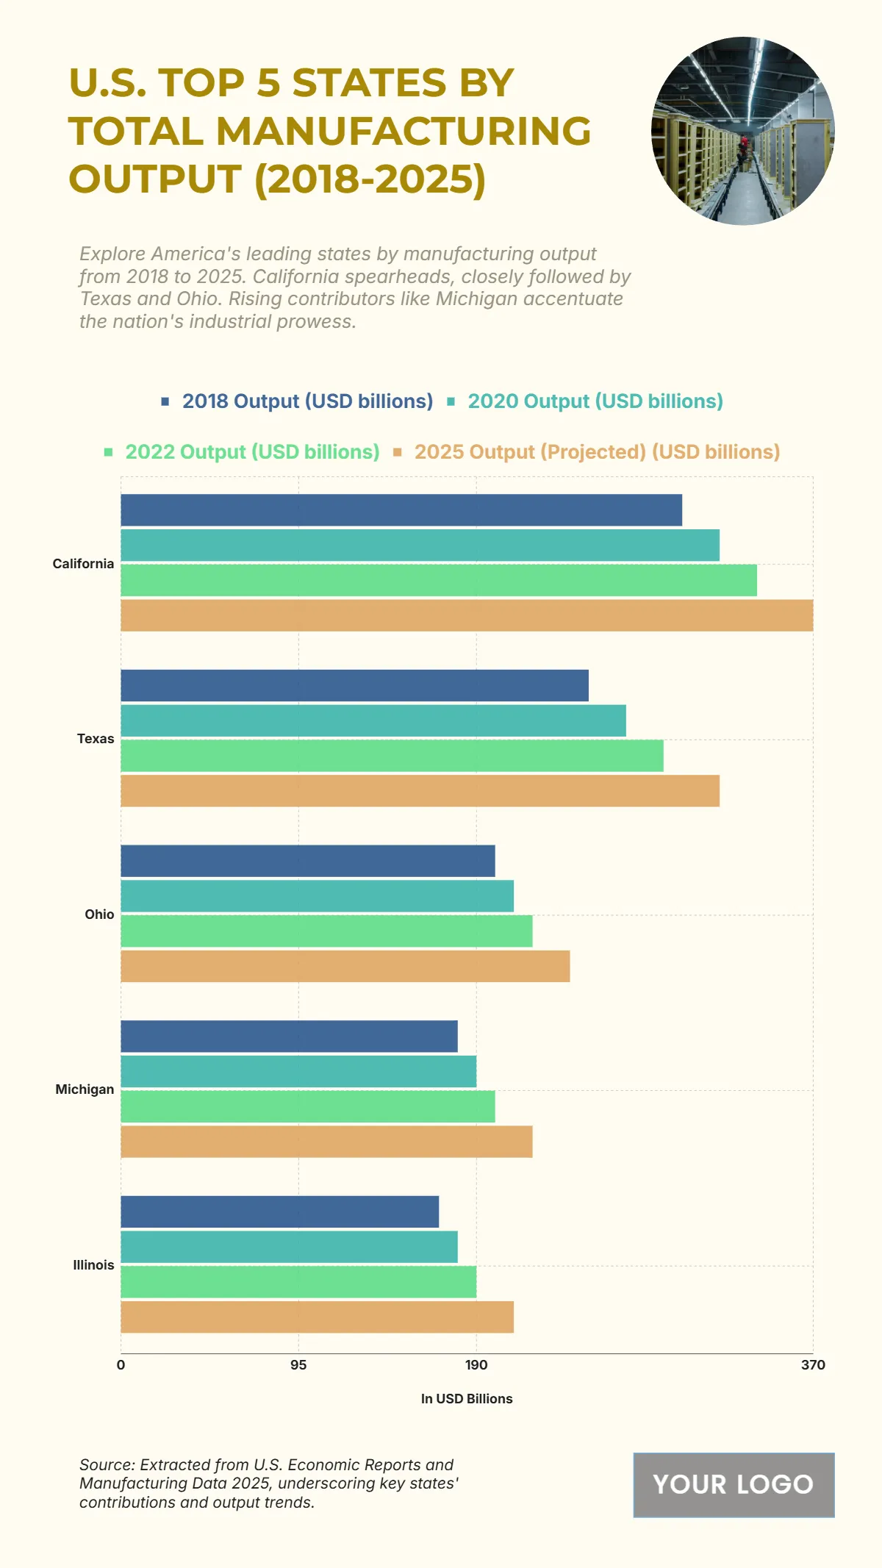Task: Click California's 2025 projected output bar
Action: [467, 615]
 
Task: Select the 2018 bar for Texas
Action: [354, 685]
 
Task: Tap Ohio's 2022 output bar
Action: [326, 931]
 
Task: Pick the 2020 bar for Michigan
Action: [298, 1071]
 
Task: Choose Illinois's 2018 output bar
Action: [279, 1211]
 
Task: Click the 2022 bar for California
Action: [439, 580]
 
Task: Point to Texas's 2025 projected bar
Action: [420, 791]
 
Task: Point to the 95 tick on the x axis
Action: [298, 1365]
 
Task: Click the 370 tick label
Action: [813, 1365]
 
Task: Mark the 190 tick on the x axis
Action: [476, 1365]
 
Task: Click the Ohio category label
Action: [99, 914]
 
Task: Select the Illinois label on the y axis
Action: [93, 1265]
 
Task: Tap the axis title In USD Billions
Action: [467, 1399]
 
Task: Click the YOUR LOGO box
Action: [734, 1485]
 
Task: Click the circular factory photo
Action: [743, 131]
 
